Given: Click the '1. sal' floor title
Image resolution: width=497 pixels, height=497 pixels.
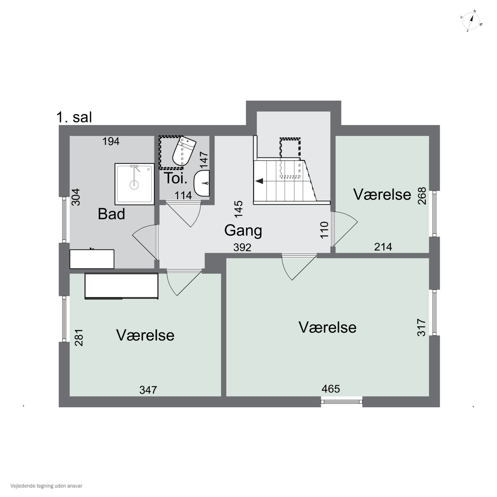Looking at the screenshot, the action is click(x=74, y=117).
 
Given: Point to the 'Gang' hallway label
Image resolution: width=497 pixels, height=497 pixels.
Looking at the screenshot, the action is click(x=243, y=230).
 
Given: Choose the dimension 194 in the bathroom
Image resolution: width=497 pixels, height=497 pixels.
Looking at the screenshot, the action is click(x=111, y=141).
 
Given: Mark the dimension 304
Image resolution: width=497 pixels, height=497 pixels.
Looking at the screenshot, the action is click(x=76, y=197).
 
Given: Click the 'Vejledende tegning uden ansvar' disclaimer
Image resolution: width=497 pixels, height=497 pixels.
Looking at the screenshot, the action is click(x=46, y=486).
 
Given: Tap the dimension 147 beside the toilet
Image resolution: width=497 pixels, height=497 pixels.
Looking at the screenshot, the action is click(x=204, y=160).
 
